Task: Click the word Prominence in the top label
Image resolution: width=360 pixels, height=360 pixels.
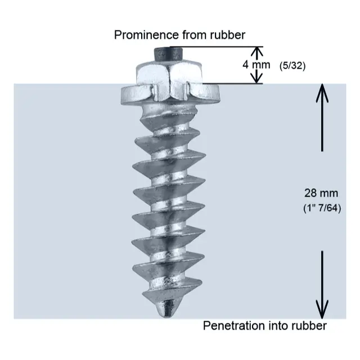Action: pos(141,35)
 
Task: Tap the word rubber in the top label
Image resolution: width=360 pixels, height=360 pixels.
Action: pos(227,35)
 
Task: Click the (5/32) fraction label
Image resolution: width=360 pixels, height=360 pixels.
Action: pos(292,65)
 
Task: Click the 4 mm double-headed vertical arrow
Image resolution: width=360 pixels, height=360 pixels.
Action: pos(256,64)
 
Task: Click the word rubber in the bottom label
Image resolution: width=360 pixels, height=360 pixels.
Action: pos(308,326)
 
